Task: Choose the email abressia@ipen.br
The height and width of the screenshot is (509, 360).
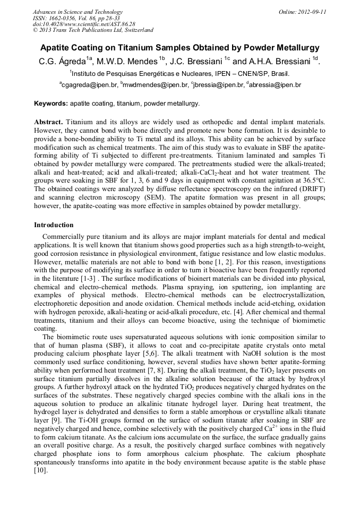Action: point(275,85)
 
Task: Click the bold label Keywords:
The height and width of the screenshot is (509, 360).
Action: point(51,103)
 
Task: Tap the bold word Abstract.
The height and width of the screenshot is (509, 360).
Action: point(49,122)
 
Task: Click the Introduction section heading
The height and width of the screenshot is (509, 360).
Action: point(54,225)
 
